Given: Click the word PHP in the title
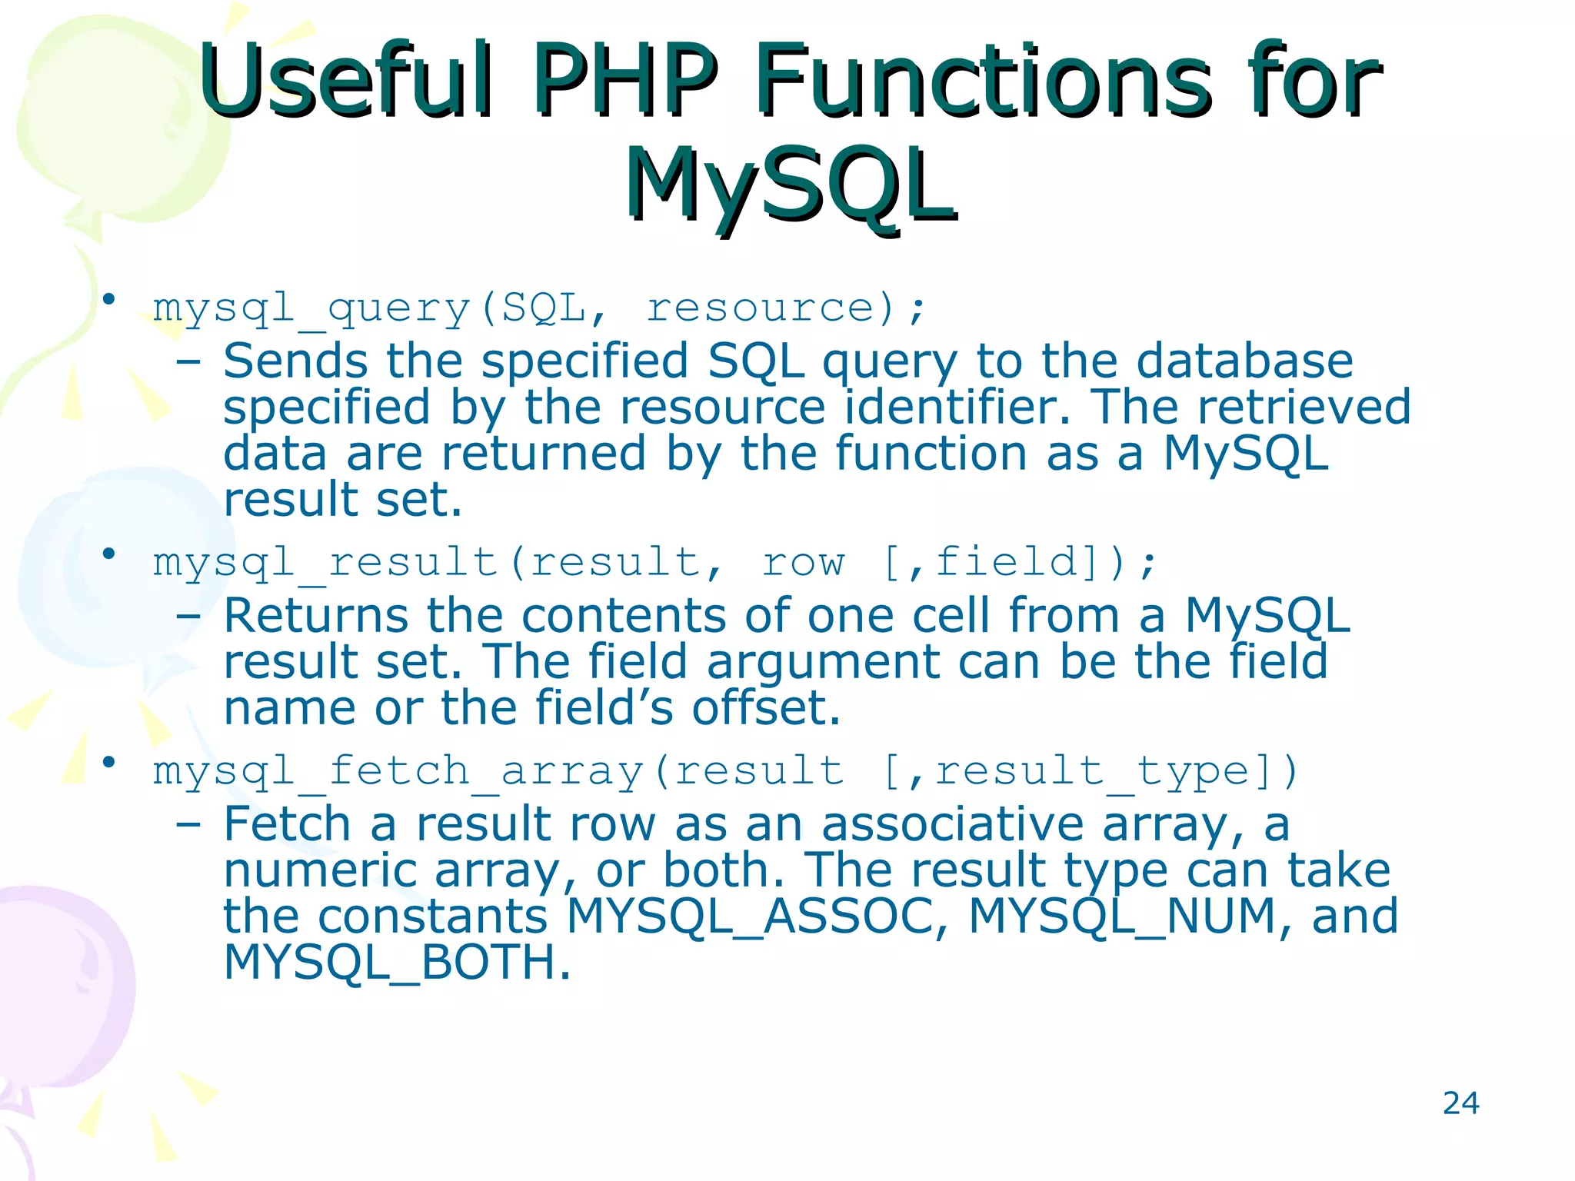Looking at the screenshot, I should pos(624,80).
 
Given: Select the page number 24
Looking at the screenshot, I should pos(1460,1103).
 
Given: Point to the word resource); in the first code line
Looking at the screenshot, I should pos(786,309).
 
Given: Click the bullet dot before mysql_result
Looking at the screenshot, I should pos(109,553).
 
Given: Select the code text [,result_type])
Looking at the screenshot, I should pos(1090,771).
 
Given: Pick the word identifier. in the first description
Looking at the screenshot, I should pos(957,408).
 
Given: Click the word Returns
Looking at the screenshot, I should pos(315,616).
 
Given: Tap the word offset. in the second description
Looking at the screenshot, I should pos(765,708).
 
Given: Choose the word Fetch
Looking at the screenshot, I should pos(287,824).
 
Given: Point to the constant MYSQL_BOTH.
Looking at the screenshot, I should pos(397,963).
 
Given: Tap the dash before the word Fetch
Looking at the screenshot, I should pos(188,826).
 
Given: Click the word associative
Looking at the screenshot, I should pos(953,824).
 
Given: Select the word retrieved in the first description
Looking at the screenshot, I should pos(1304,408).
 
